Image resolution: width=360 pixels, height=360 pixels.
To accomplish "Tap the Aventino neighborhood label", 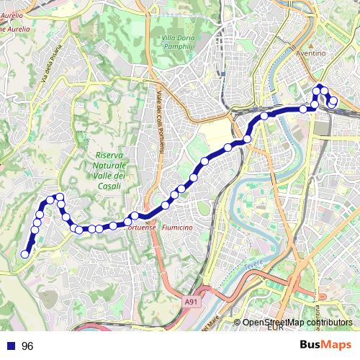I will coord(311,53).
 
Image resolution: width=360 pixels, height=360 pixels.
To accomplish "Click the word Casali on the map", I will coord(108,186).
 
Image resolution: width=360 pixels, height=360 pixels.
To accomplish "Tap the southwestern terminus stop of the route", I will coord(25,253).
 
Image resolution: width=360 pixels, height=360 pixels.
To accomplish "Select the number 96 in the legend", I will coord(27,346).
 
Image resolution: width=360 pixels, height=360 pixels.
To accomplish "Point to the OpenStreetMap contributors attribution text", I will coord(297,323).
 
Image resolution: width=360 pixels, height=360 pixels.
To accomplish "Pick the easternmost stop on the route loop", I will coord(333,102).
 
